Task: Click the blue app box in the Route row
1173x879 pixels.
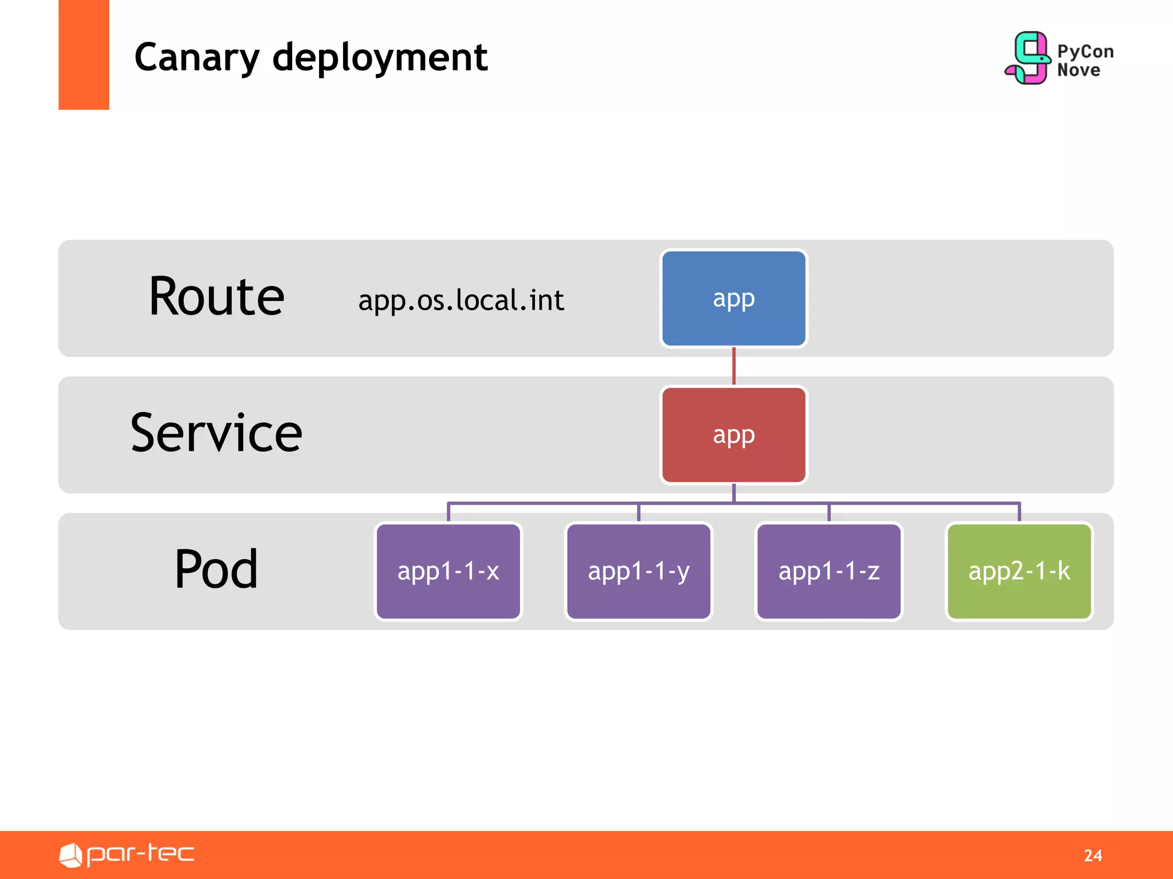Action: [733, 298]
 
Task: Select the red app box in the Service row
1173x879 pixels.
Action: [733, 435]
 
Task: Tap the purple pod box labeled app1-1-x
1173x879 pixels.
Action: [448, 571]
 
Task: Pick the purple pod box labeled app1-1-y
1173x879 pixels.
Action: [638, 571]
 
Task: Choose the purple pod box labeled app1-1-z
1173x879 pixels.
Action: [828, 571]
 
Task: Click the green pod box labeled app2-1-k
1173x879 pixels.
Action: [1019, 571]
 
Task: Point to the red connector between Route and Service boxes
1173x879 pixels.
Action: [734, 366]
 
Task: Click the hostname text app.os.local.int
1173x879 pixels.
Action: [461, 300]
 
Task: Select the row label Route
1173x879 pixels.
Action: [217, 296]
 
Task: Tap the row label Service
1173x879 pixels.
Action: [217, 433]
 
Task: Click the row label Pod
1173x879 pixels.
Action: [217, 569]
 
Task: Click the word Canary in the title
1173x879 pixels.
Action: [197, 58]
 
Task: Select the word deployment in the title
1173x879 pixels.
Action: [380, 58]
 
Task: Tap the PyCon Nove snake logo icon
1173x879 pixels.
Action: [1028, 58]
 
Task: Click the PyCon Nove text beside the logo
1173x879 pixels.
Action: [1084, 60]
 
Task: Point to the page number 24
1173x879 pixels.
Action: [1093, 855]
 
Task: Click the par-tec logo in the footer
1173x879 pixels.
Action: [127, 854]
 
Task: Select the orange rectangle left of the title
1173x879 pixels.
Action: [84, 54]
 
